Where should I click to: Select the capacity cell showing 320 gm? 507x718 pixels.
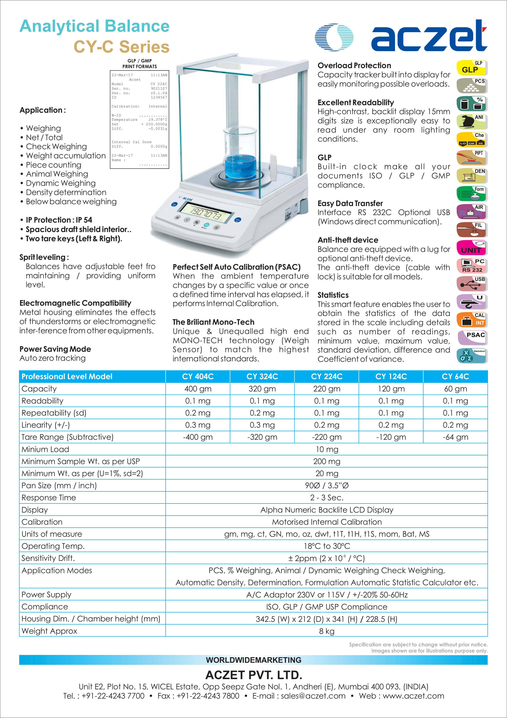pyautogui.click(x=262, y=389)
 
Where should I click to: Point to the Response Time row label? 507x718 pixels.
pyautogui.click(x=49, y=498)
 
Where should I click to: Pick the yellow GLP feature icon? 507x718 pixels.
pyautogui.click(x=472, y=68)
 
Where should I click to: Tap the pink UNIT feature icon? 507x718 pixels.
pyautogui.click(x=472, y=248)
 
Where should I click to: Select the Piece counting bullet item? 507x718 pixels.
pyautogui.click(x=53, y=165)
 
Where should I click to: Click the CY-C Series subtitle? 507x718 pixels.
pyautogui.click(x=122, y=47)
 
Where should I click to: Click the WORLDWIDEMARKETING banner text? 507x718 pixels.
pyautogui.click(x=253, y=660)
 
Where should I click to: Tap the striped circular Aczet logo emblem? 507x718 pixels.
pyautogui.click(x=334, y=37)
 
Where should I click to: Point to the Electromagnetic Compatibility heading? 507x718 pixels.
pyautogui.click(x=75, y=303)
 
